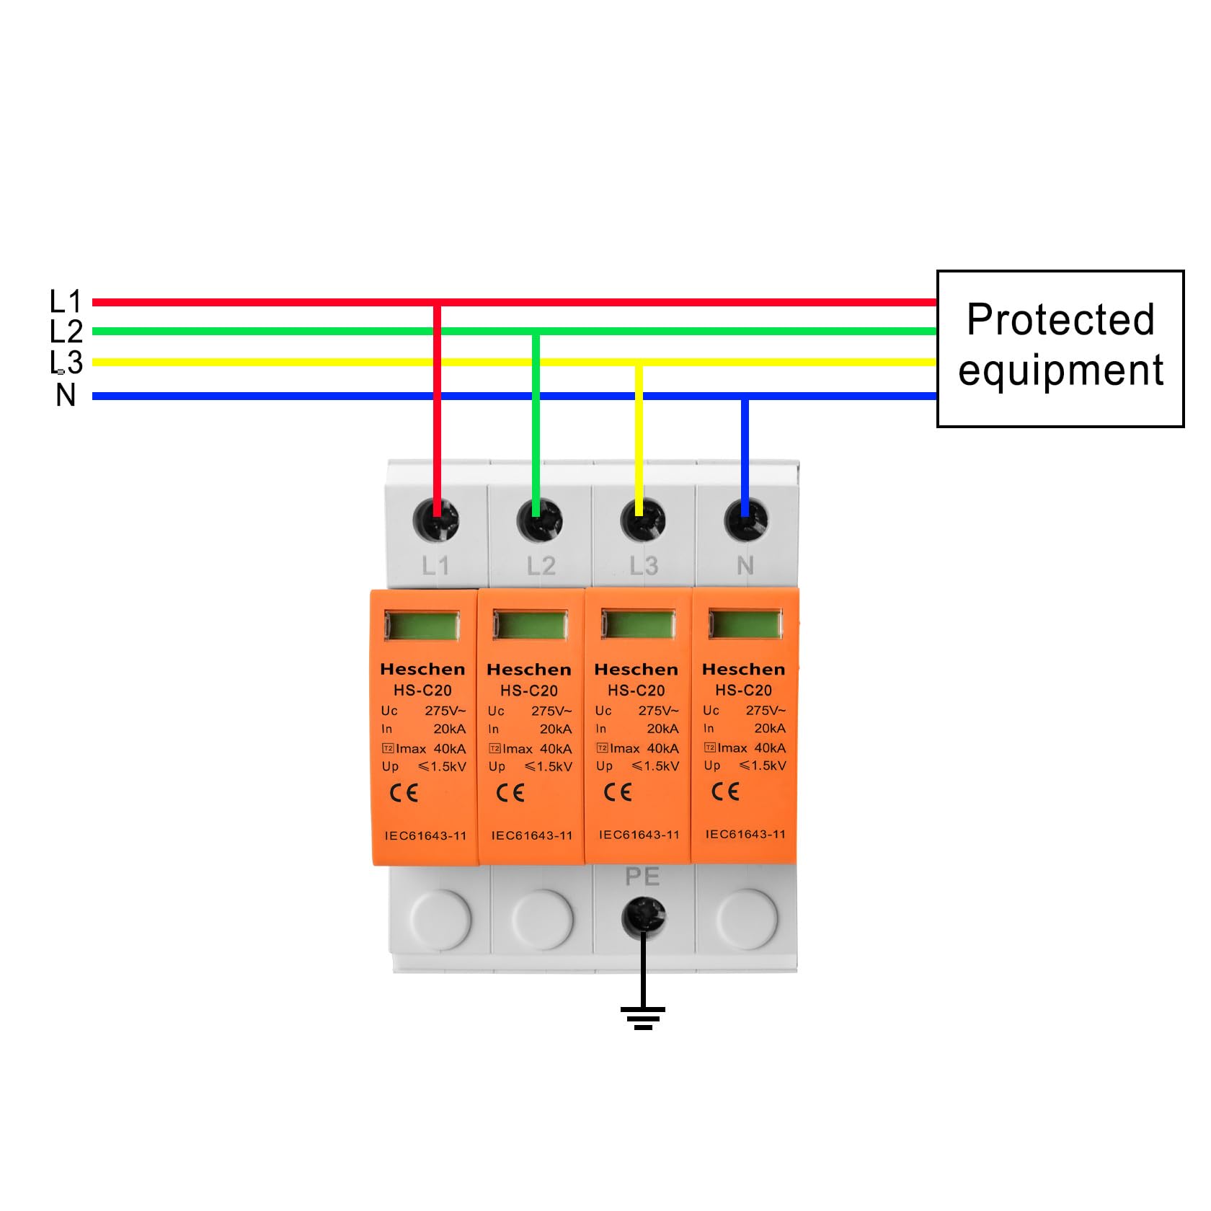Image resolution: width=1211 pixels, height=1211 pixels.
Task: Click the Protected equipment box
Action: pos(1060,349)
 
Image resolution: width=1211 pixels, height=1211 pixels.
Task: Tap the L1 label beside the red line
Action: pos(66,301)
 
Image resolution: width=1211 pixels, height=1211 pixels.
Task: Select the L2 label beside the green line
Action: pos(66,332)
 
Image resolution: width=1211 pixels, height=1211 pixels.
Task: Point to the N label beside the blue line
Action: pos(66,395)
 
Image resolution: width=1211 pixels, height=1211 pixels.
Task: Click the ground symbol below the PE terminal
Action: pos(643,1017)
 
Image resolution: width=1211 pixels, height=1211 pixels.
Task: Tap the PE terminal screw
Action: pos(644,918)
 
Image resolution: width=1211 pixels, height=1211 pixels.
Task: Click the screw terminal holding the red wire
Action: pos(436,520)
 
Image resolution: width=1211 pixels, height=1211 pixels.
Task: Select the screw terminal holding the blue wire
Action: pos(745,520)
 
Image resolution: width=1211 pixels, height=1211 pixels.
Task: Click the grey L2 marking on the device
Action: pos(541,566)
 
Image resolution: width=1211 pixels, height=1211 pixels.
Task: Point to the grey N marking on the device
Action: pos(745,566)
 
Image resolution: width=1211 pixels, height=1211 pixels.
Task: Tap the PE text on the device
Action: pos(642,877)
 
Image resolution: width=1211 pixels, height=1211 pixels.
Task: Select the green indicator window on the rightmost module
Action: pos(745,624)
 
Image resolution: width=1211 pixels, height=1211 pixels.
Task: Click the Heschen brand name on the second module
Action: pos(529,670)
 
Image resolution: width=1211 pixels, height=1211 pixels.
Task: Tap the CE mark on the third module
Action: pos(618,792)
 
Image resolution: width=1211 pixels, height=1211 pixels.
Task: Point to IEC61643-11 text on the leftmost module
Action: pos(425,836)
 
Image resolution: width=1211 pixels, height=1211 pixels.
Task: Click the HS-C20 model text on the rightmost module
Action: pos(743,690)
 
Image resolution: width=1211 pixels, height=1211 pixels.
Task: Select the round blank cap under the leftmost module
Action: pos(440,918)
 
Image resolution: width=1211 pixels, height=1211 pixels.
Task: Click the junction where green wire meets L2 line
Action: pos(536,332)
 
